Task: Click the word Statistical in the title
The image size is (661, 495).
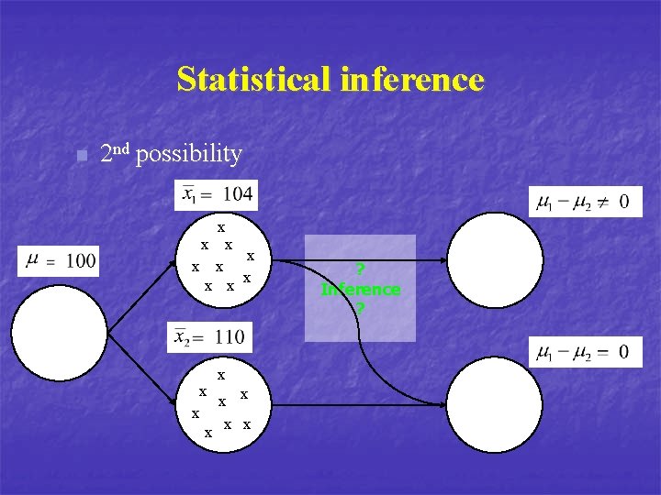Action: (254, 79)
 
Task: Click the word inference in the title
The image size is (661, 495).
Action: (411, 79)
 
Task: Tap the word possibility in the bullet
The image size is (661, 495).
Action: (188, 154)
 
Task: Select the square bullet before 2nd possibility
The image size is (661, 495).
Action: (82, 156)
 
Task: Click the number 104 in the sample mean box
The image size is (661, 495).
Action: (238, 193)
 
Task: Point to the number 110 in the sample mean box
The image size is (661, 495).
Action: (230, 336)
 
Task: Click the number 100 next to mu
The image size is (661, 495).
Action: (81, 261)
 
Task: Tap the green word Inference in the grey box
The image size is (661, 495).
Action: (361, 289)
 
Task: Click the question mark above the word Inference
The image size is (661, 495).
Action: (361, 269)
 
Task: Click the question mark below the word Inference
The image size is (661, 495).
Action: (361, 308)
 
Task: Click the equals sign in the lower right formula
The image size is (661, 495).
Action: (599, 352)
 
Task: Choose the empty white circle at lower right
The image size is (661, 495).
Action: (496, 404)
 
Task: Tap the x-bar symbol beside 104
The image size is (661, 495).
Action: (189, 193)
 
